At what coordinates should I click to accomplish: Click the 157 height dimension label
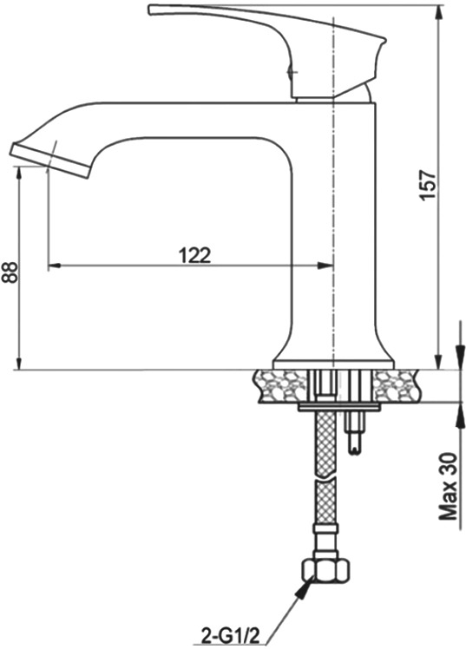[429, 185]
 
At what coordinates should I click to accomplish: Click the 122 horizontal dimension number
[194, 255]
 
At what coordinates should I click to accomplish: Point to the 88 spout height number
[10, 272]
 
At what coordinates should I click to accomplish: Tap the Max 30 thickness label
[448, 486]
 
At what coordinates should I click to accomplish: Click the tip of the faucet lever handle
[151, 10]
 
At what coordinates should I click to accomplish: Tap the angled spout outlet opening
[50, 161]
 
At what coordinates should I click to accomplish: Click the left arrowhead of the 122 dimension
[54, 265]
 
